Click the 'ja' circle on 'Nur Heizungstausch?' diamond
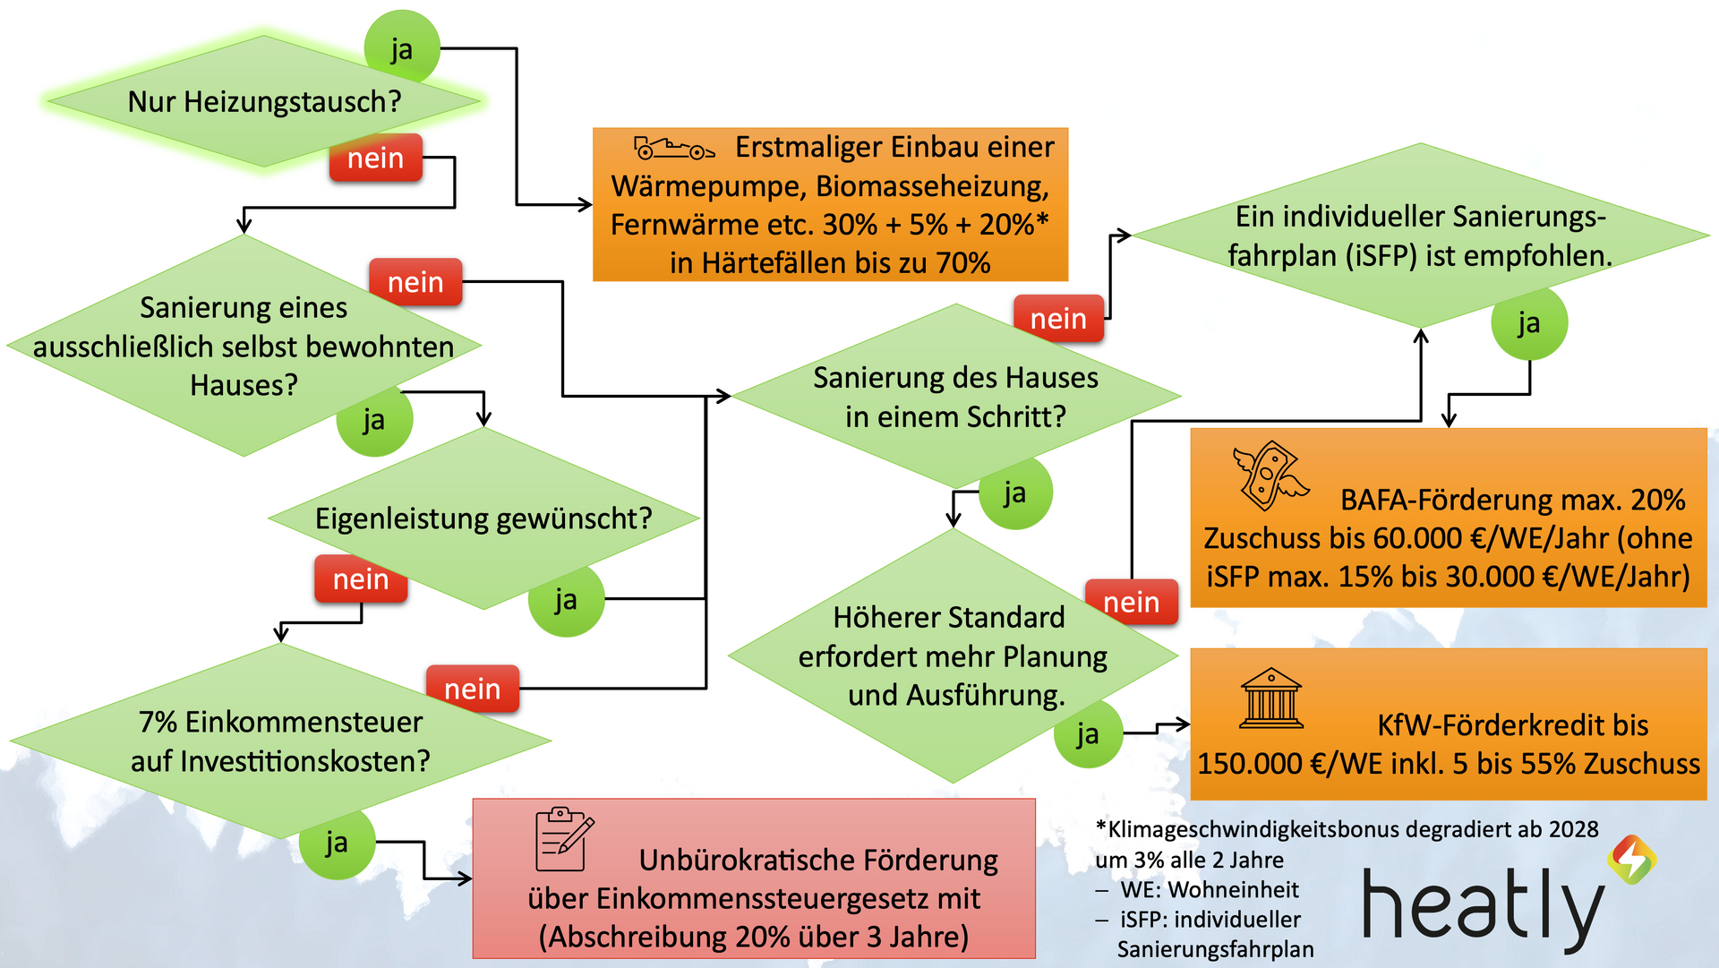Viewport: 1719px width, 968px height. coord(402,48)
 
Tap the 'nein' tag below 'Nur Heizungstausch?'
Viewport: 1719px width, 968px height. coord(375,158)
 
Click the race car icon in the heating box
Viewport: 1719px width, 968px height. coord(673,148)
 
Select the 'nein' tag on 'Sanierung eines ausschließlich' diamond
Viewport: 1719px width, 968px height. coord(415,282)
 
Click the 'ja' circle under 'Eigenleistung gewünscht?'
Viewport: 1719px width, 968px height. coord(566,599)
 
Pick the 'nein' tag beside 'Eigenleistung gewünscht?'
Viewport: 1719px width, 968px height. coord(361,579)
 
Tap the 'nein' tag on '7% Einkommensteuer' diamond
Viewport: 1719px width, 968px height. coord(472,689)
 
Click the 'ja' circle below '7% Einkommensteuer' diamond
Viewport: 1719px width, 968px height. coord(337,842)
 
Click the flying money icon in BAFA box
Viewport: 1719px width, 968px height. coord(1270,475)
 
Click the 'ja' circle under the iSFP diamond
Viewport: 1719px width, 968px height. coord(1528,323)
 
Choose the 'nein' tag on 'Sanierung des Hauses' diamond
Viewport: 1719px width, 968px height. coord(1058,319)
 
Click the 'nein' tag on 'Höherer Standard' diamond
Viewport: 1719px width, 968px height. coord(1131,603)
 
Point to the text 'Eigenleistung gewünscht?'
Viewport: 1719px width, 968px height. coord(483,518)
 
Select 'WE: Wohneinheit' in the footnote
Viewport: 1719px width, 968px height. coord(1209,890)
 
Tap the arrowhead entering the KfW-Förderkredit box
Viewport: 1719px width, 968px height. coord(1184,724)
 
